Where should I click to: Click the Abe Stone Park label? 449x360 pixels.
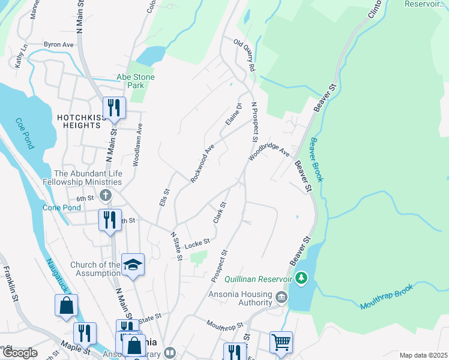(136, 82)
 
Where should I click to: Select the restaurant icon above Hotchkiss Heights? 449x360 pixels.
(113, 108)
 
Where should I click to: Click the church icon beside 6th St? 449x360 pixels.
(106, 195)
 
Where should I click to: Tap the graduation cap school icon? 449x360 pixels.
(133, 265)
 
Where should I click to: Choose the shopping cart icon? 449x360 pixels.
(280, 341)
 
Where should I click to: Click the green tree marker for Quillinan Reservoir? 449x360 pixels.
(301, 278)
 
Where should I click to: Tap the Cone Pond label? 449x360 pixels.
(62, 208)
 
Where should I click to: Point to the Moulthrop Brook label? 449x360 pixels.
(387, 296)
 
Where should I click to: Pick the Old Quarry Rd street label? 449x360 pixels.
(246, 56)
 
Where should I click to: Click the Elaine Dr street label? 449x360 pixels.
(233, 114)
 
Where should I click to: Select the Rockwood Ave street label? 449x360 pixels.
(202, 164)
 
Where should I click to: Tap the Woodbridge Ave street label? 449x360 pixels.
(269, 150)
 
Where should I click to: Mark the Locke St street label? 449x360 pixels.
(196, 242)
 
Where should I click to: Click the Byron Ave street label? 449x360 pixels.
(58, 44)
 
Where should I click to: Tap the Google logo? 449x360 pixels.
(20, 353)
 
